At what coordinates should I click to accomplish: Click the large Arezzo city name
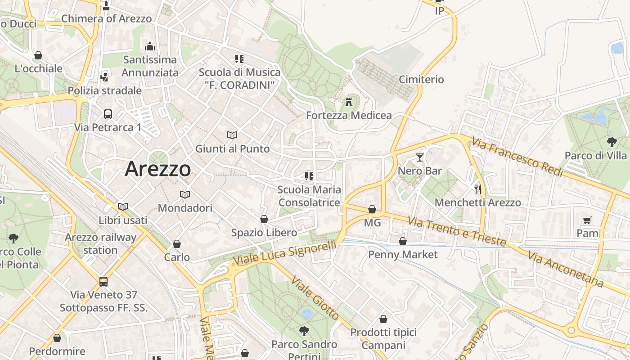tap(157, 169)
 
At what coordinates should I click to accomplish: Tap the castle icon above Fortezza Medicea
tap(349, 102)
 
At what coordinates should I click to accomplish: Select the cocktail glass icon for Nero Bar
tap(420, 157)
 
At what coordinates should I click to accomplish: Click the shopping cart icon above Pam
tap(587, 220)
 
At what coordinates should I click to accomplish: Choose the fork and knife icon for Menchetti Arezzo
tap(477, 189)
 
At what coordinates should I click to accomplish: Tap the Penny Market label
tap(403, 255)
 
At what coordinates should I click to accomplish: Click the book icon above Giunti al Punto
tap(232, 135)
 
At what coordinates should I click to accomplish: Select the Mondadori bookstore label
tap(185, 208)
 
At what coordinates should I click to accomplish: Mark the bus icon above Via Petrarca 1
tap(108, 114)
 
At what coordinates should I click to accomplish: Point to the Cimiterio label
tap(421, 80)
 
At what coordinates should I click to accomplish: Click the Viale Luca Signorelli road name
tap(285, 255)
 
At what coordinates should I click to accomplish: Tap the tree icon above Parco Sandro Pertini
tap(304, 331)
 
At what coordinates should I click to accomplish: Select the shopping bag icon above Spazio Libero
tap(264, 219)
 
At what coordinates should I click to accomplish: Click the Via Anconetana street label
tap(566, 269)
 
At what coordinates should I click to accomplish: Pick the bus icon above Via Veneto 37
tap(103, 282)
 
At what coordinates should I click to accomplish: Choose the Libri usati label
tap(123, 220)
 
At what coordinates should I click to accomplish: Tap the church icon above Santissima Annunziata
tap(150, 46)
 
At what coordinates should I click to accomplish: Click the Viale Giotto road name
tap(315, 297)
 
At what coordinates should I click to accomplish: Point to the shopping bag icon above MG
tap(372, 209)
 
